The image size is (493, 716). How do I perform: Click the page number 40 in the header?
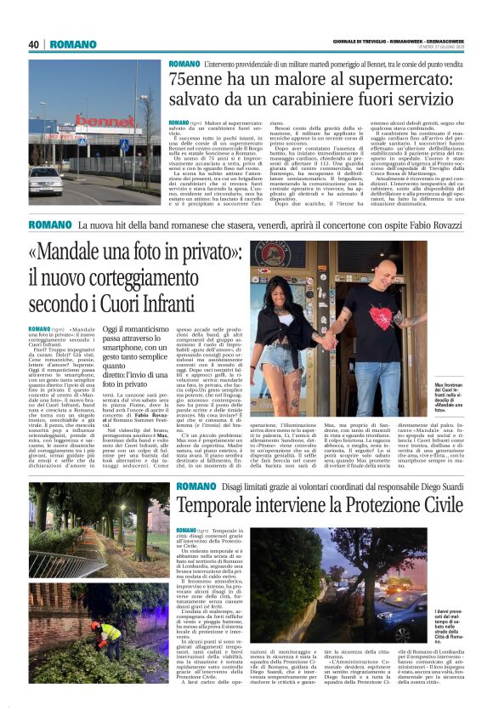pyautogui.click(x=34, y=44)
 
